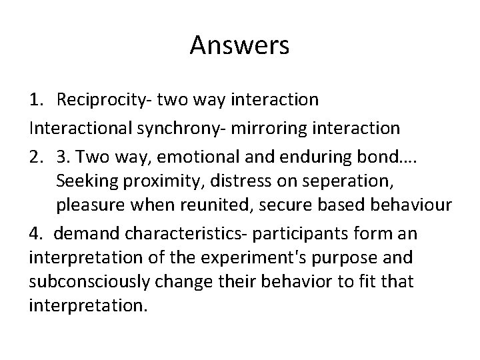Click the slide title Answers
[x=239, y=46]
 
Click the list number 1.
[x=35, y=100]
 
